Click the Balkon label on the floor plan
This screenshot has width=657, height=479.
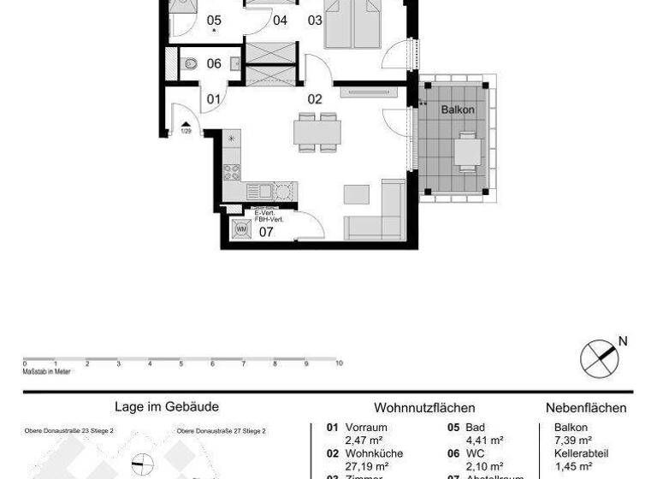(x=458, y=110)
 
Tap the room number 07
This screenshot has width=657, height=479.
(x=266, y=230)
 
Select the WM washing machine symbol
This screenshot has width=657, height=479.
(x=240, y=229)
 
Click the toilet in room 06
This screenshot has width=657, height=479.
(x=191, y=63)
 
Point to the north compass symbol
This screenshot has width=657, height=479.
(x=599, y=358)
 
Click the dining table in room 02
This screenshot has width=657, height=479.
(x=317, y=132)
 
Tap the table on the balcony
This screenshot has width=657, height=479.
(x=467, y=151)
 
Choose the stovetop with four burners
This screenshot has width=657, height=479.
(x=232, y=171)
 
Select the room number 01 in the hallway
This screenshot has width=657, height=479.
(x=213, y=99)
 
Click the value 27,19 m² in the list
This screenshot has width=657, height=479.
(x=364, y=466)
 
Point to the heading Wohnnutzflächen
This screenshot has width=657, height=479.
(x=424, y=409)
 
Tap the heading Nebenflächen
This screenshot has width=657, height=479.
(x=586, y=409)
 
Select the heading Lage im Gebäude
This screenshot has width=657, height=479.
(x=167, y=408)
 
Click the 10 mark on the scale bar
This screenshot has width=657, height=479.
(x=340, y=364)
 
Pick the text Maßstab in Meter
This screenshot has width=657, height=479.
(x=46, y=371)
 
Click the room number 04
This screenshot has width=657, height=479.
(x=281, y=21)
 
